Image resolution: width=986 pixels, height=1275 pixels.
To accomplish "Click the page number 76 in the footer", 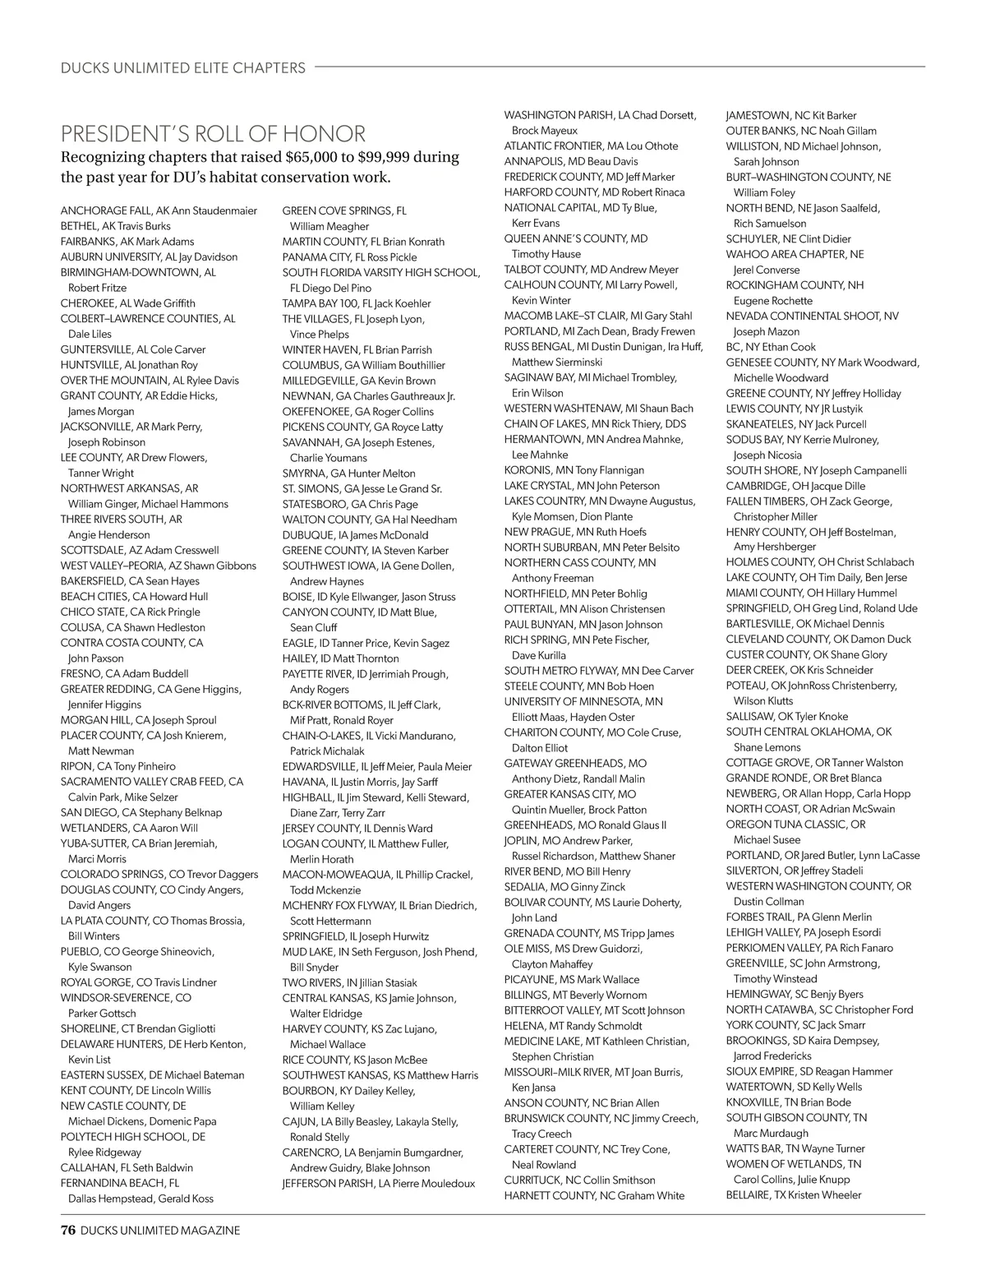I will pyautogui.click(x=68, y=1231).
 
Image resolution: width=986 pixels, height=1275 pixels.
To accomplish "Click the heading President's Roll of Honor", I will pyautogui.click(x=213, y=133).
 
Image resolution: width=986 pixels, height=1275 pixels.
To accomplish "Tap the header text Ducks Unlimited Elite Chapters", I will pyautogui.click(x=183, y=68).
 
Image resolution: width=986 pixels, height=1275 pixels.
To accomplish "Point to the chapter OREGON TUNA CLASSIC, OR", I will pyautogui.click(x=795, y=825).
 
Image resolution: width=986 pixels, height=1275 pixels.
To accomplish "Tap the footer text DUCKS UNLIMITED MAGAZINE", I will pyautogui.click(x=160, y=1231).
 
